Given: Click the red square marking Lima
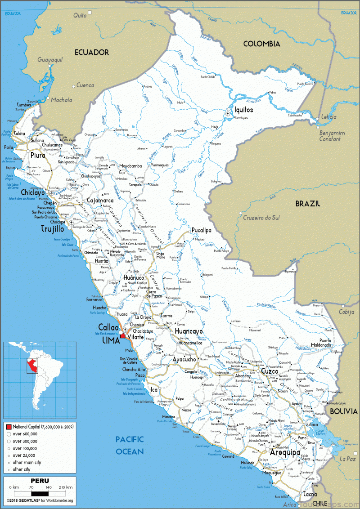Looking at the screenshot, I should coord(122,335).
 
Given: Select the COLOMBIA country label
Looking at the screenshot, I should coord(261,44).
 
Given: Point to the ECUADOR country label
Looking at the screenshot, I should coord(92,52).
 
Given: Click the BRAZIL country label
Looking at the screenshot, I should coord(307,204).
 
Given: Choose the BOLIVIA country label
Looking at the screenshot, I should coord(343,411).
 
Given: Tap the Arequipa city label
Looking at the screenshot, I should coord(285,452).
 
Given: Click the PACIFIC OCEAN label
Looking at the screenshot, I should coord(130,445).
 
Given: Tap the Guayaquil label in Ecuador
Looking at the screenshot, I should coord(49,59).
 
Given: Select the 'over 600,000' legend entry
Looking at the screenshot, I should coord(25,433).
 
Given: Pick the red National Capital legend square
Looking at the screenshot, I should coord(8,425).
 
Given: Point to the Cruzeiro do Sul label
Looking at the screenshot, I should coord(261,218).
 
